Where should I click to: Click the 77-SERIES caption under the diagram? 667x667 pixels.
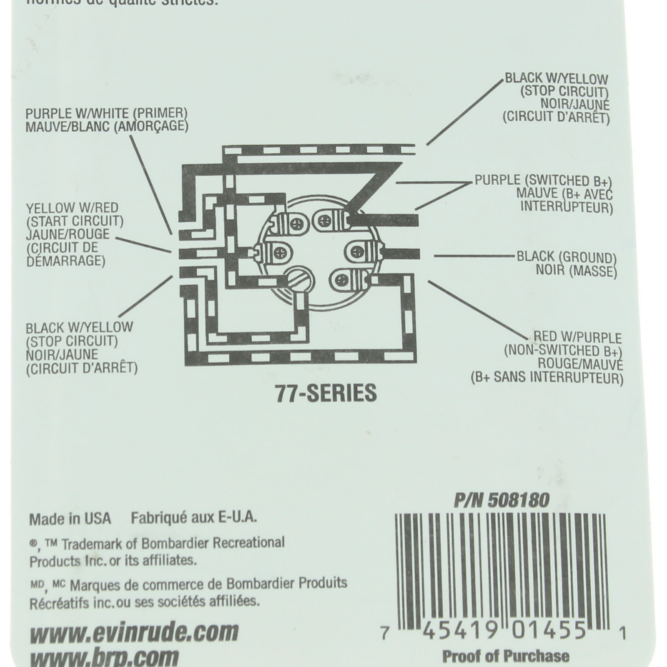[x=326, y=394]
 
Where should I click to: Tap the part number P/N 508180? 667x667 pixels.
[x=502, y=500]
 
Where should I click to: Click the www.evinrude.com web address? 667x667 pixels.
[x=134, y=632]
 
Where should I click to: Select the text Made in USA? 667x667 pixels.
[x=70, y=519]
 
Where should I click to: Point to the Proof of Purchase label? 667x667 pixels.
[x=505, y=657]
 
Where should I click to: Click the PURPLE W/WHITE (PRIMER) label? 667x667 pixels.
[x=106, y=113]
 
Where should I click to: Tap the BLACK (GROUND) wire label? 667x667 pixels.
[x=566, y=257]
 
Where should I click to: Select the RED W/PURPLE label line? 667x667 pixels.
[x=577, y=337]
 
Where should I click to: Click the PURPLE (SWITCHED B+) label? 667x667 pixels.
[x=543, y=181]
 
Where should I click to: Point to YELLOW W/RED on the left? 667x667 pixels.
[x=72, y=208]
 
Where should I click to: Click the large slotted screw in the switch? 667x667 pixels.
[x=298, y=278]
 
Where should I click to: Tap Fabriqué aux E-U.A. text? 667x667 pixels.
[x=194, y=518]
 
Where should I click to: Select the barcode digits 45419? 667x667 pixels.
[x=460, y=632]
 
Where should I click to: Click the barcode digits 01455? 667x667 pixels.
[x=549, y=632]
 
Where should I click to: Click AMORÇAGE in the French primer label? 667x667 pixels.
[x=151, y=126]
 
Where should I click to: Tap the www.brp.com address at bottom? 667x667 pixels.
[x=104, y=658]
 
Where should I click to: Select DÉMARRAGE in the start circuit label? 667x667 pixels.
[x=65, y=261]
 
